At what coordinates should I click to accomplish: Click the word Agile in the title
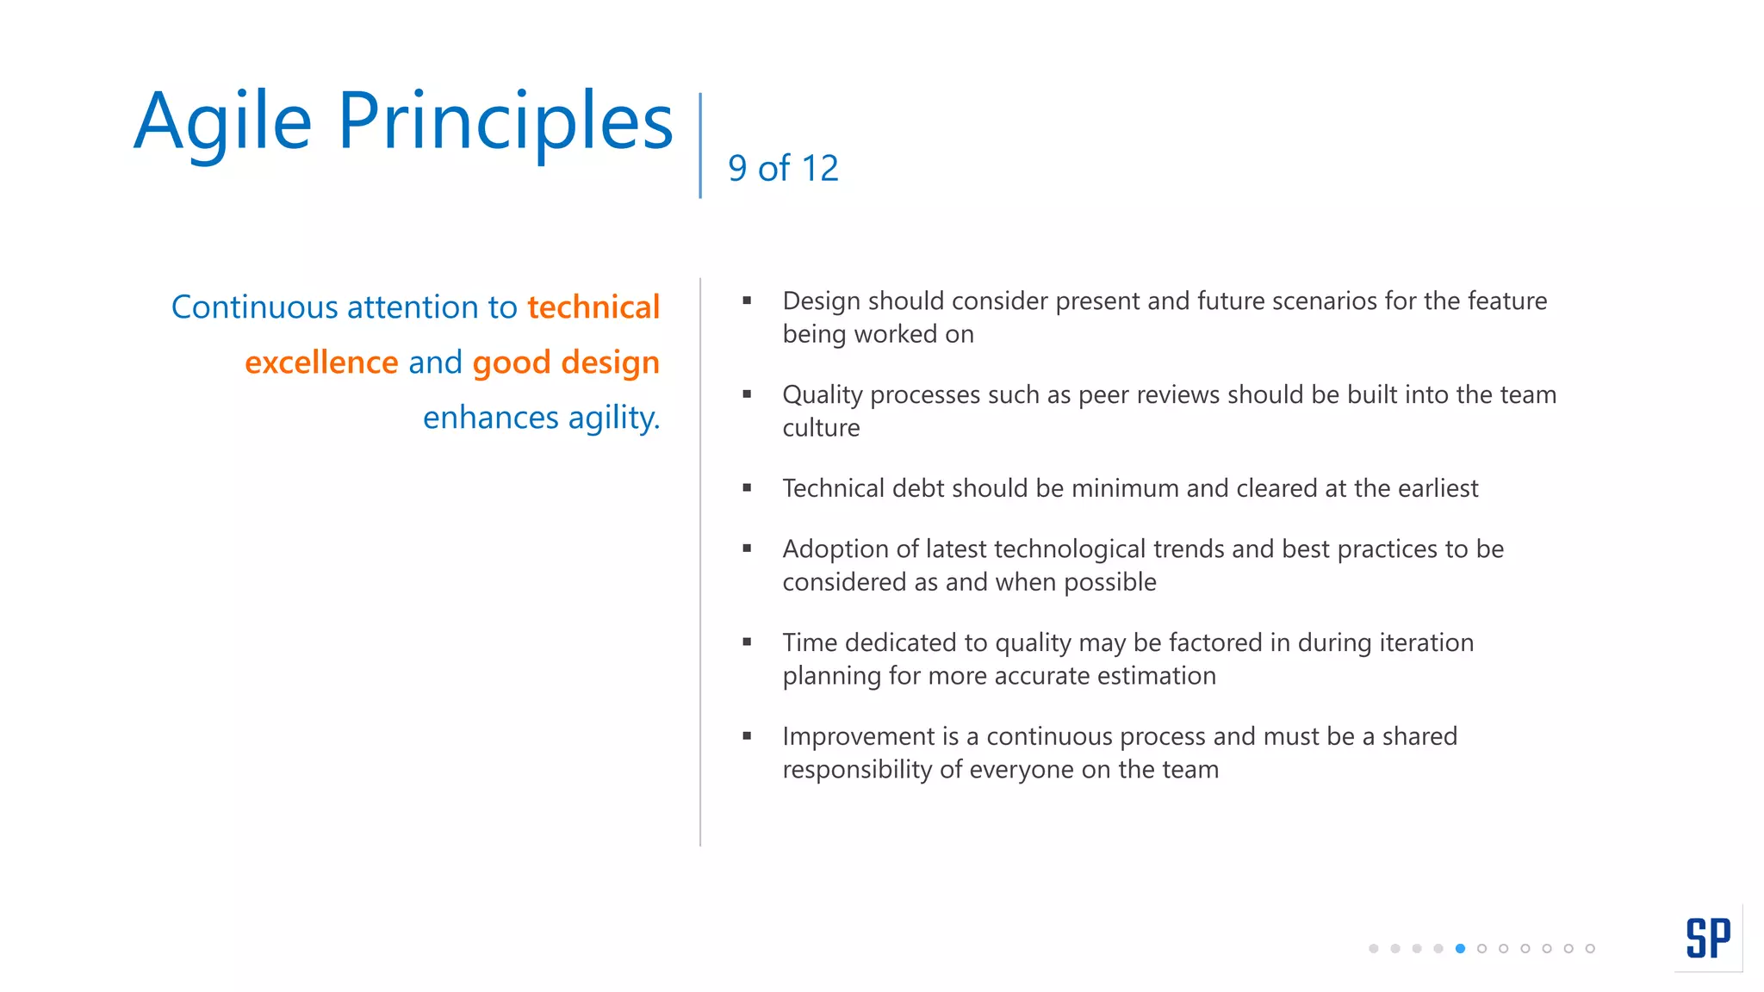point(222,122)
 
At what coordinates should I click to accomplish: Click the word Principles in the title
point(505,122)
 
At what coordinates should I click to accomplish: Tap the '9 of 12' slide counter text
point(782,168)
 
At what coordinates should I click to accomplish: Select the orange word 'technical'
point(593,307)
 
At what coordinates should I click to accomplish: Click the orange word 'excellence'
point(321,363)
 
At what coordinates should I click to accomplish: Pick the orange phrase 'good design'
point(566,363)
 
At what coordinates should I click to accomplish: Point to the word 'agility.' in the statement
point(613,418)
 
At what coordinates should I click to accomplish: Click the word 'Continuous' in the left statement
point(254,307)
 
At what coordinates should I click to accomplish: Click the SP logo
point(1707,938)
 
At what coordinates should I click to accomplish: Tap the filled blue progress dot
point(1460,948)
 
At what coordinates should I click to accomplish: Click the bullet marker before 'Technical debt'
point(747,488)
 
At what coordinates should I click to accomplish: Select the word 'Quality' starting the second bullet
point(822,394)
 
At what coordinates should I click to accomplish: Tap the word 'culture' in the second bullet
point(821,428)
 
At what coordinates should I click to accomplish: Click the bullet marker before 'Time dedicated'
point(747,642)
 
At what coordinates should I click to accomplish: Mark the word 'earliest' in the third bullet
point(1438,488)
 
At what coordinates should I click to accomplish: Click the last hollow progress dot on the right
point(1590,948)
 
